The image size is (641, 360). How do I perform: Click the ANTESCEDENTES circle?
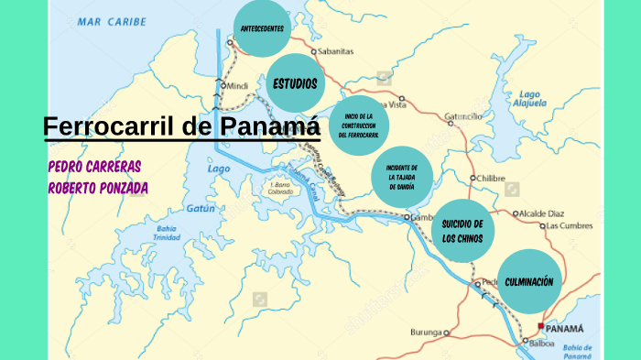point(262,29)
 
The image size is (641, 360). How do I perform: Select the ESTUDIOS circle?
point(295,84)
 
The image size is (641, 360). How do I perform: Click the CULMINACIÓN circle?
point(529,281)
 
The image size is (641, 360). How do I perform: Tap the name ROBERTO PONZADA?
point(97,188)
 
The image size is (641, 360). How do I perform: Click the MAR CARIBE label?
point(111,21)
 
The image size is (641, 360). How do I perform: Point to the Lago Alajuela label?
point(531,99)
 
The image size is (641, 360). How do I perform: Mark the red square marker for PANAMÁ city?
point(541,326)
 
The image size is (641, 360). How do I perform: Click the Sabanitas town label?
point(336,52)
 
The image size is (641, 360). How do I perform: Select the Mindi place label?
point(237,86)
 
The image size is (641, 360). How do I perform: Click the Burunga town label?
point(426,332)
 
